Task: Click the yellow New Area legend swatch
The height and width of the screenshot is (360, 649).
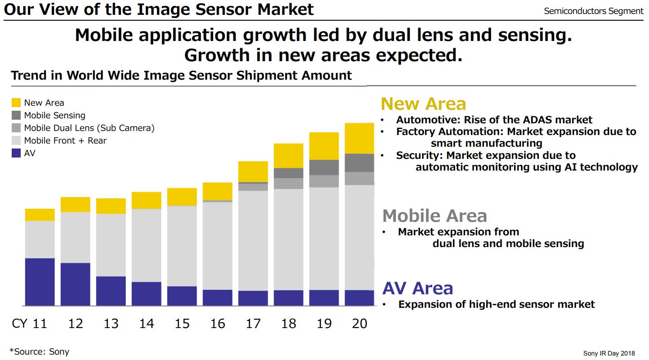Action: pos(16,103)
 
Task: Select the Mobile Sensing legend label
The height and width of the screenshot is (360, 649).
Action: pos(54,116)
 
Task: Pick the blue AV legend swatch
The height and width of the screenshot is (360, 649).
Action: pos(16,153)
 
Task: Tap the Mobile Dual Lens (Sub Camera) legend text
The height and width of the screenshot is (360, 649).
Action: pos(89,128)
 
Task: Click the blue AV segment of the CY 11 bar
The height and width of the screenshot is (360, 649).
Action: pos(40,282)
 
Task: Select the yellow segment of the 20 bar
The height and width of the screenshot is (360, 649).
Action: pos(359,138)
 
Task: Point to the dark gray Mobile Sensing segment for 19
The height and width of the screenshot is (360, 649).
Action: pos(324,167)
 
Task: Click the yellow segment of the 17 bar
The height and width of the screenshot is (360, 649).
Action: pos(253,171)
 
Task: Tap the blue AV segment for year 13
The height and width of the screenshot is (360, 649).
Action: pos(111,291)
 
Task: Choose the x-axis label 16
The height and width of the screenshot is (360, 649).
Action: pos(218,324)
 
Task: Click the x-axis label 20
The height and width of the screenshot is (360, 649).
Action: pos(359,324)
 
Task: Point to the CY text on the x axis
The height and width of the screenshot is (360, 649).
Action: pos(19,324)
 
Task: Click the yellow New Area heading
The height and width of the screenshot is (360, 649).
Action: pos(423,104)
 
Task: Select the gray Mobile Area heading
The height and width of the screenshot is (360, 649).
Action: pos(434,216)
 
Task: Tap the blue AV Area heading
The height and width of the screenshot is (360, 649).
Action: pos(417,288)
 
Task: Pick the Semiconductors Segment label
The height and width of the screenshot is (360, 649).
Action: pos(593,11)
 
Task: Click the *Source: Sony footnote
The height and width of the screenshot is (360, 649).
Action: pos(40,351)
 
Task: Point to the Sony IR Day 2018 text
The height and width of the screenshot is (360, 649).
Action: pos(610,353)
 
